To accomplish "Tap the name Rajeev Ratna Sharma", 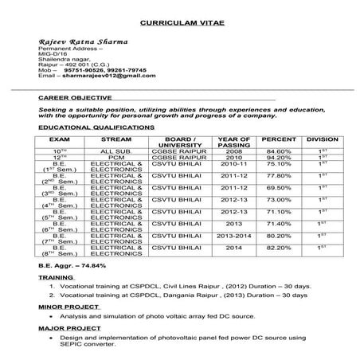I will pos(77,41).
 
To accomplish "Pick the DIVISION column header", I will pos(323,139).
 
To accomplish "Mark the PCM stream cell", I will pos(117,158).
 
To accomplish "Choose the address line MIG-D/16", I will pos(54,53).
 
